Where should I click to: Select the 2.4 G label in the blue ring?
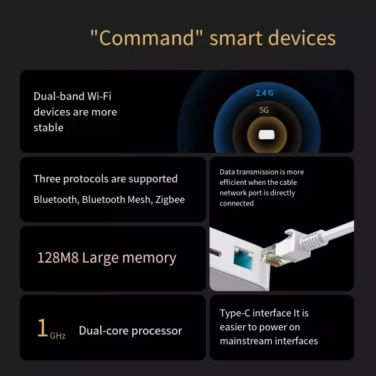pos(264,93)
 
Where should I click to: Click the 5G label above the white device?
pos(264,110)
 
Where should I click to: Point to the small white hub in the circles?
pos(264,134)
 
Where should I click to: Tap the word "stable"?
pos(48,127)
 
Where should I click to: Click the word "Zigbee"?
pos(168,200)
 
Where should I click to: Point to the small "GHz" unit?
pos(58,336)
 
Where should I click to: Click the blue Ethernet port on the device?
pos(243,257)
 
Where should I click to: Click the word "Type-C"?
pos(238,313)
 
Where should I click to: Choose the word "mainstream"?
pos(247,341)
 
